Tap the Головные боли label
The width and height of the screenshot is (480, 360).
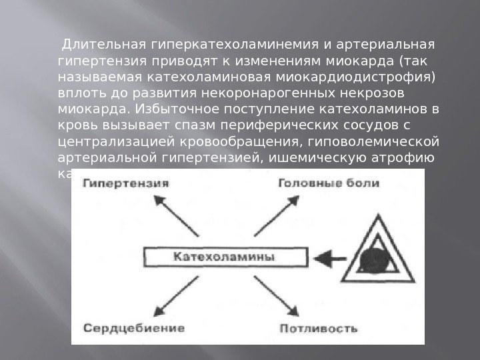(329, 183)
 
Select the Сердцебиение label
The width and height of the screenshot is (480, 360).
(134, 328)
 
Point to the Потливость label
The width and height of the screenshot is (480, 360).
(319, 328)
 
